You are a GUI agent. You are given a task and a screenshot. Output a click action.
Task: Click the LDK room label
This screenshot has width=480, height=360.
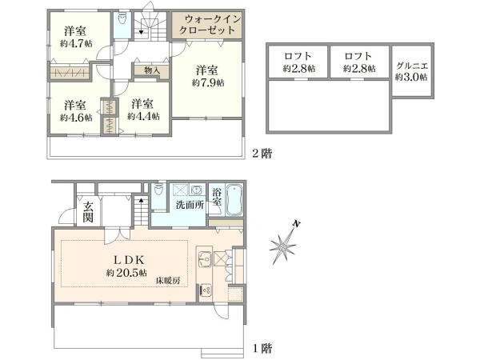pyautogui.click(x=129, y=260)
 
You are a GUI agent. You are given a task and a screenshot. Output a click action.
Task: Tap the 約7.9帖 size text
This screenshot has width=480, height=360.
pyautogui.click(x=208, y=82)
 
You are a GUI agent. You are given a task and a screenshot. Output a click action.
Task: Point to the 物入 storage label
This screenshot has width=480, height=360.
pyautogui.click(x=152, y=70)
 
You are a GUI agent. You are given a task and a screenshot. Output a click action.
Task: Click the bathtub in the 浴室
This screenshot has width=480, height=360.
pyautogui.click(x=234, y=199)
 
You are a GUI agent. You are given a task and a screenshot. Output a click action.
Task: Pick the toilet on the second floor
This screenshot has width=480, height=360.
pyautogui.click(x=122, y=18)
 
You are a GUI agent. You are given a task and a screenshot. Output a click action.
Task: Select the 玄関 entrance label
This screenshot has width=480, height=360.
pyautogui.click(x=88, y=212)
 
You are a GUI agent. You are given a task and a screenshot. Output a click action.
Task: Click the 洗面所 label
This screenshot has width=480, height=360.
pyautogui.click(x=190, y=205)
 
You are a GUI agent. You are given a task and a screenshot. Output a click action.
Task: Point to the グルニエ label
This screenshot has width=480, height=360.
pyautogui.click(x=412, y=66)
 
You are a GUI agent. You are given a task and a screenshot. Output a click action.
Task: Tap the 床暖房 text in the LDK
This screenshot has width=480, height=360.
pyautogui.click(x=168, y=281)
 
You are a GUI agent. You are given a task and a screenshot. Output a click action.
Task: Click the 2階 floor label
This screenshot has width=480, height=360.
pyautogui.click(x=262, y=153)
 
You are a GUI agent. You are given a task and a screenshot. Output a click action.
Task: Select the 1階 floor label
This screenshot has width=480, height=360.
pyautogui.click(x=262, y=348)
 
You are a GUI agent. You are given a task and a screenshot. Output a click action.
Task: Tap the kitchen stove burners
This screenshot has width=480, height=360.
pyautogui.click(x=205, y=290)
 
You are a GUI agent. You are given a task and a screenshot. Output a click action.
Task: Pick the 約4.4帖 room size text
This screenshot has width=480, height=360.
pyautogui.click(x=143, y=116)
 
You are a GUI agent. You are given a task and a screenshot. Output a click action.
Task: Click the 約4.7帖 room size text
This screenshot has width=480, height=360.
pyautogui.click(x=76, y=43)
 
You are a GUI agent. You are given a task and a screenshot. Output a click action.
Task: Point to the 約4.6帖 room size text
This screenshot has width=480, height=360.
pyautogui.click(x=76, y=118)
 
